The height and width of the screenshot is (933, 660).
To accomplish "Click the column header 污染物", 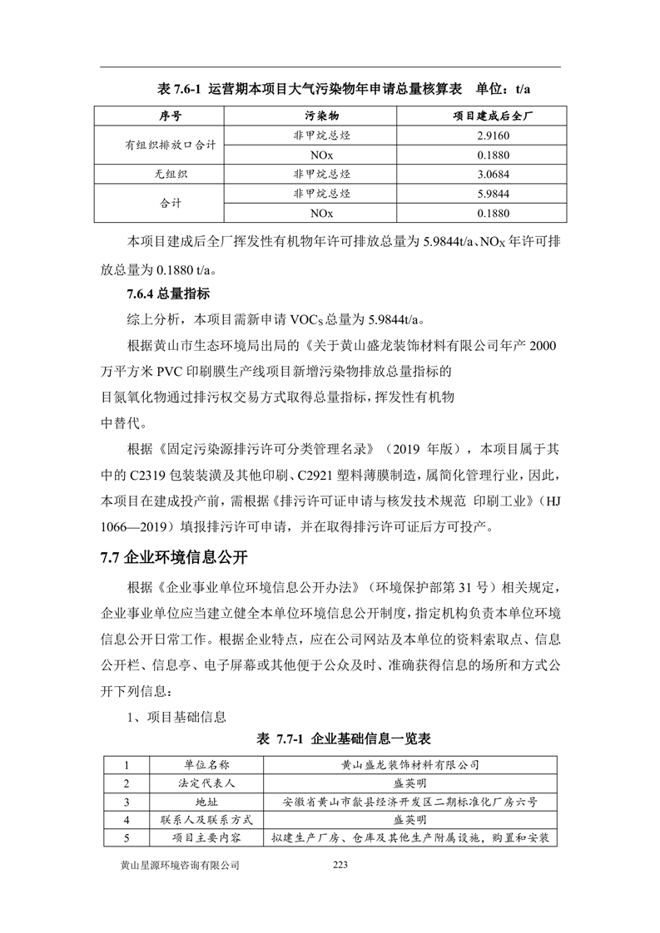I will click(321, 114).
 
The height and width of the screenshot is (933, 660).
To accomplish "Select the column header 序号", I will click(171, 114).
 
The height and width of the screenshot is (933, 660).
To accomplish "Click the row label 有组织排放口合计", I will click(171, 144).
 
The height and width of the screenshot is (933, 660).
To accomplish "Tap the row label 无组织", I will click(171, 174).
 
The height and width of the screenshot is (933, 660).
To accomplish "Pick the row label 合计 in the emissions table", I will click(171, 204).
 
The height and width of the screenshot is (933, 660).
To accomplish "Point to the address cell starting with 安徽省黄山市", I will click(409, 802).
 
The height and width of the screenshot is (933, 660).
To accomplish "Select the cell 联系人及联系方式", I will click(206, 821).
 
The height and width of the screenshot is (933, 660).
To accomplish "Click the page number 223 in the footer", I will click(339, 866).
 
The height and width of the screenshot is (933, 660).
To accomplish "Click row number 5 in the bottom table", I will click(127, 838).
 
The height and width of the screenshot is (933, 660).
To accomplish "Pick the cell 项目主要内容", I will click(206, 838).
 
